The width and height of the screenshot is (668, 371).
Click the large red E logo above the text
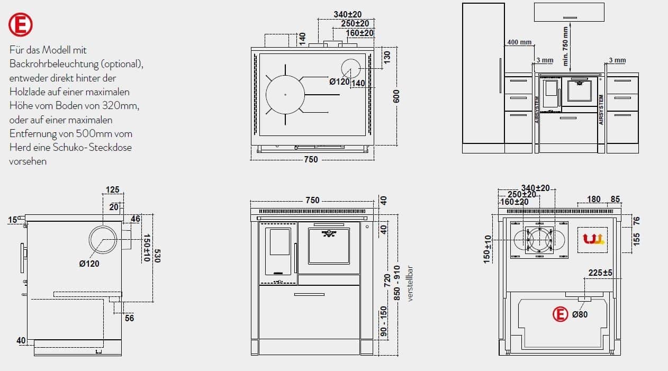(21, 24)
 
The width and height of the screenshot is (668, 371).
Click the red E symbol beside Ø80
(560, 314)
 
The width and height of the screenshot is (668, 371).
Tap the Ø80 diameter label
(580, 314)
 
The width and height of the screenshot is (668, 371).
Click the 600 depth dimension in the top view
(396, 96)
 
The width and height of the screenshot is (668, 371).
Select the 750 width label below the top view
(311, 159)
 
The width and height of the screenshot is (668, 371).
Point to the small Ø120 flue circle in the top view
(351, 69)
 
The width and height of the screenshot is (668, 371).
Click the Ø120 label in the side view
(89, 264)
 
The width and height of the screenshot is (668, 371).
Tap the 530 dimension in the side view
(157, 256)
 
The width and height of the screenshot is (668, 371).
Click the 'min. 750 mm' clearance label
(565, 46)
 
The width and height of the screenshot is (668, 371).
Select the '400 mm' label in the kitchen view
(519, 42)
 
